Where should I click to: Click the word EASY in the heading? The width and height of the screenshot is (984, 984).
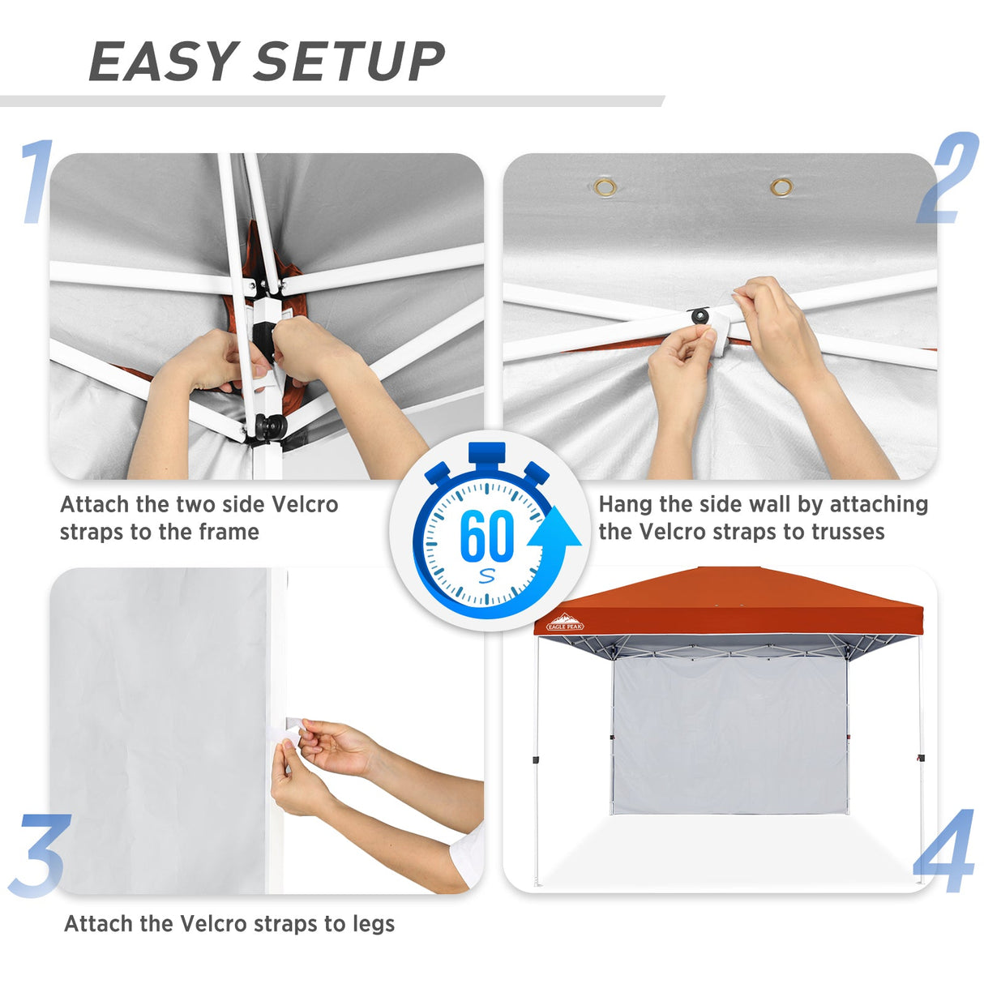(161, 62)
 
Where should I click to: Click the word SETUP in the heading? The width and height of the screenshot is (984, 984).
(349, 62)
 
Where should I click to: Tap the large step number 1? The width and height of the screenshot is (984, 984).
(36, 182)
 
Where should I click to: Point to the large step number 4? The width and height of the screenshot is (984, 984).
(945, 851)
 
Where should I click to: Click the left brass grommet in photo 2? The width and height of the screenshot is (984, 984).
(605, 188)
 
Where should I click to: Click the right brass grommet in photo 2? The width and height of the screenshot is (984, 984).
(781, 188)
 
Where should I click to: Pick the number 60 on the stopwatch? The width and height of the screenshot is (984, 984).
(486, 536)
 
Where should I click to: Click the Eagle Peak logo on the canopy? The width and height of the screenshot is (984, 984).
(565, 622)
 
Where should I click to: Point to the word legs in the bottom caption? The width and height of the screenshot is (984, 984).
(374, 925)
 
